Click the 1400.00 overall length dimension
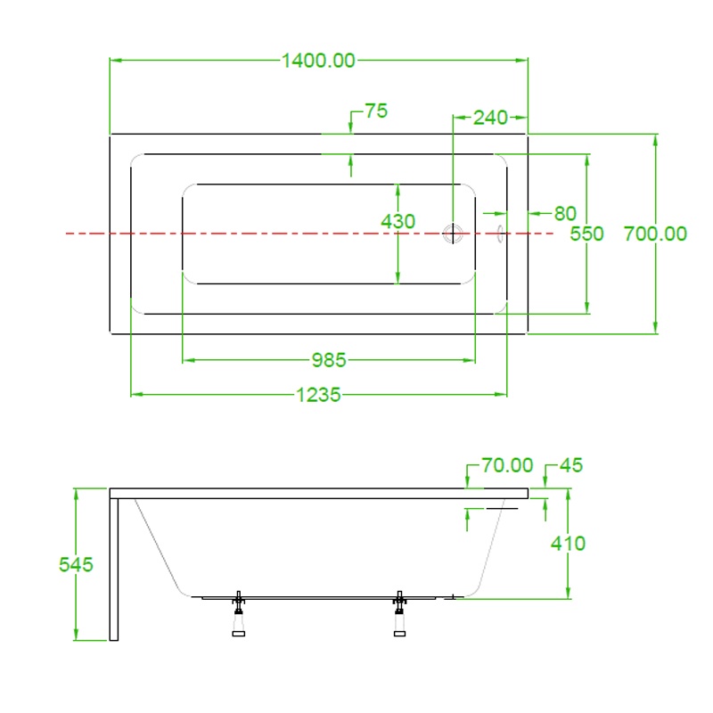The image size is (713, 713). point(318,61)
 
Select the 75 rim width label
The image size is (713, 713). point(376,111)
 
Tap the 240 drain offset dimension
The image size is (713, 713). point(490,118)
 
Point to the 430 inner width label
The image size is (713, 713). point(397,221)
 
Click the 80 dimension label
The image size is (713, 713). point(565,213)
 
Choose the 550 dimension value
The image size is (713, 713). point(586,234)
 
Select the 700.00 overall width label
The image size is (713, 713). point(655,234)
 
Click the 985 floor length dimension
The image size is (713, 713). point(329,361)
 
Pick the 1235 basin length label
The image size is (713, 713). point(318,395)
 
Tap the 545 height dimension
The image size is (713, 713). point(76,564)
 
